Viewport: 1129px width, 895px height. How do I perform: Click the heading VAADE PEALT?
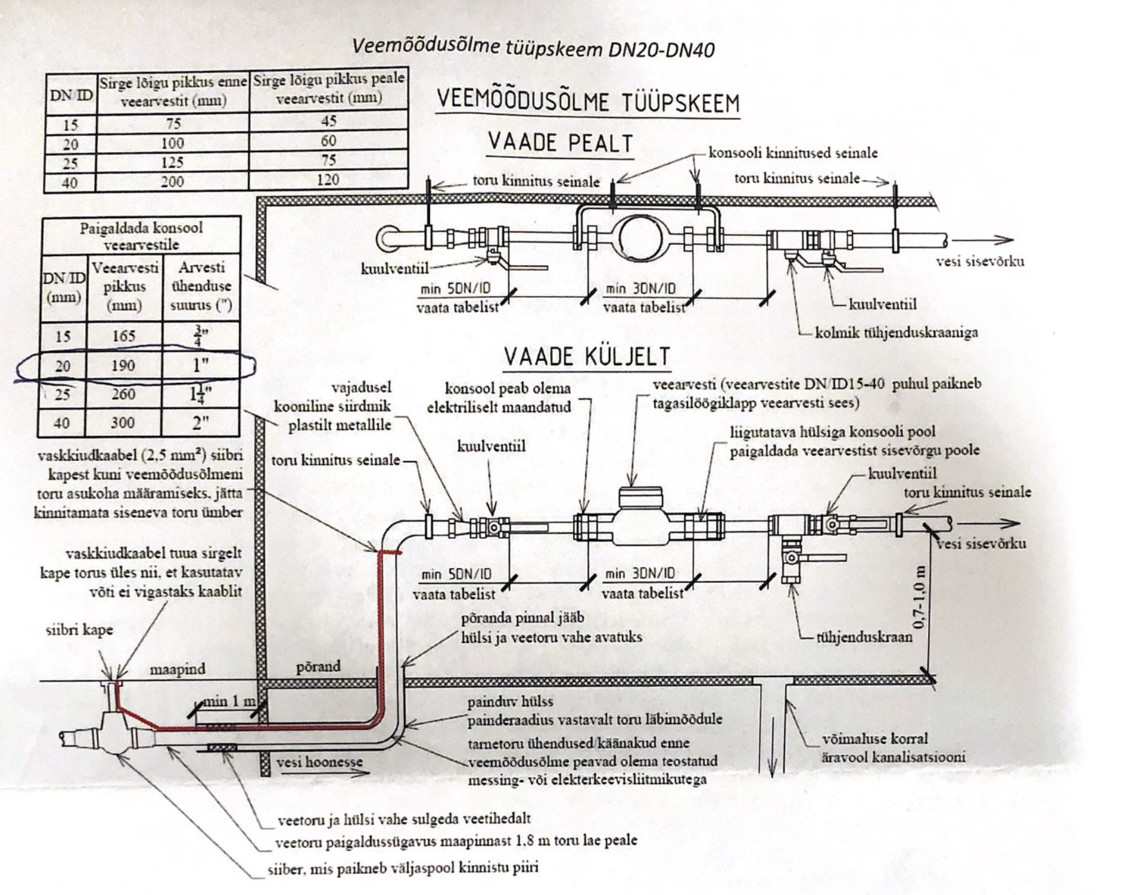[560, 142]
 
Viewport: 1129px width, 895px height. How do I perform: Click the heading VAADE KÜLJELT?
[586, 356]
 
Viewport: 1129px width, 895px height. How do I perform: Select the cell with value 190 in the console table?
[123, 366]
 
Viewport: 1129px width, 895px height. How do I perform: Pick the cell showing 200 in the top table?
[172, 181]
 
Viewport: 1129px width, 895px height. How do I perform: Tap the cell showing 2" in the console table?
[200, 423]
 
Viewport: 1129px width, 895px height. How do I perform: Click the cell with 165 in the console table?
[124, 335]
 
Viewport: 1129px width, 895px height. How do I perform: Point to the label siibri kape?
[79, 629]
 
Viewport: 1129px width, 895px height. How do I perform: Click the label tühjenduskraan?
[864, 637]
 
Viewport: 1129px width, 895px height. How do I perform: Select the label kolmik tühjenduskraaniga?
[896, 332]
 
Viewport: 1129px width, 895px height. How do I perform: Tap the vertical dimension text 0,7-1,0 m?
[920, 596]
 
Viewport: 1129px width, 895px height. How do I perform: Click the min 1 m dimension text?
[229, 701]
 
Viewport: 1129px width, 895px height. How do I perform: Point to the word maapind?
[177, 669]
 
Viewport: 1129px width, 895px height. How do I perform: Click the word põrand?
[318, 666]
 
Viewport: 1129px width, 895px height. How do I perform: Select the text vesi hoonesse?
[320, 762]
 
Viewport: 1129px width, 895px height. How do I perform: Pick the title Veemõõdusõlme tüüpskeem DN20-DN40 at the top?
[533, 48]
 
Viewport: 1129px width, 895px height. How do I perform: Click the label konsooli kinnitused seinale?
[793, 152]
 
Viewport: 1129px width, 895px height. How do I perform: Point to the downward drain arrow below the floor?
[773, 742]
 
